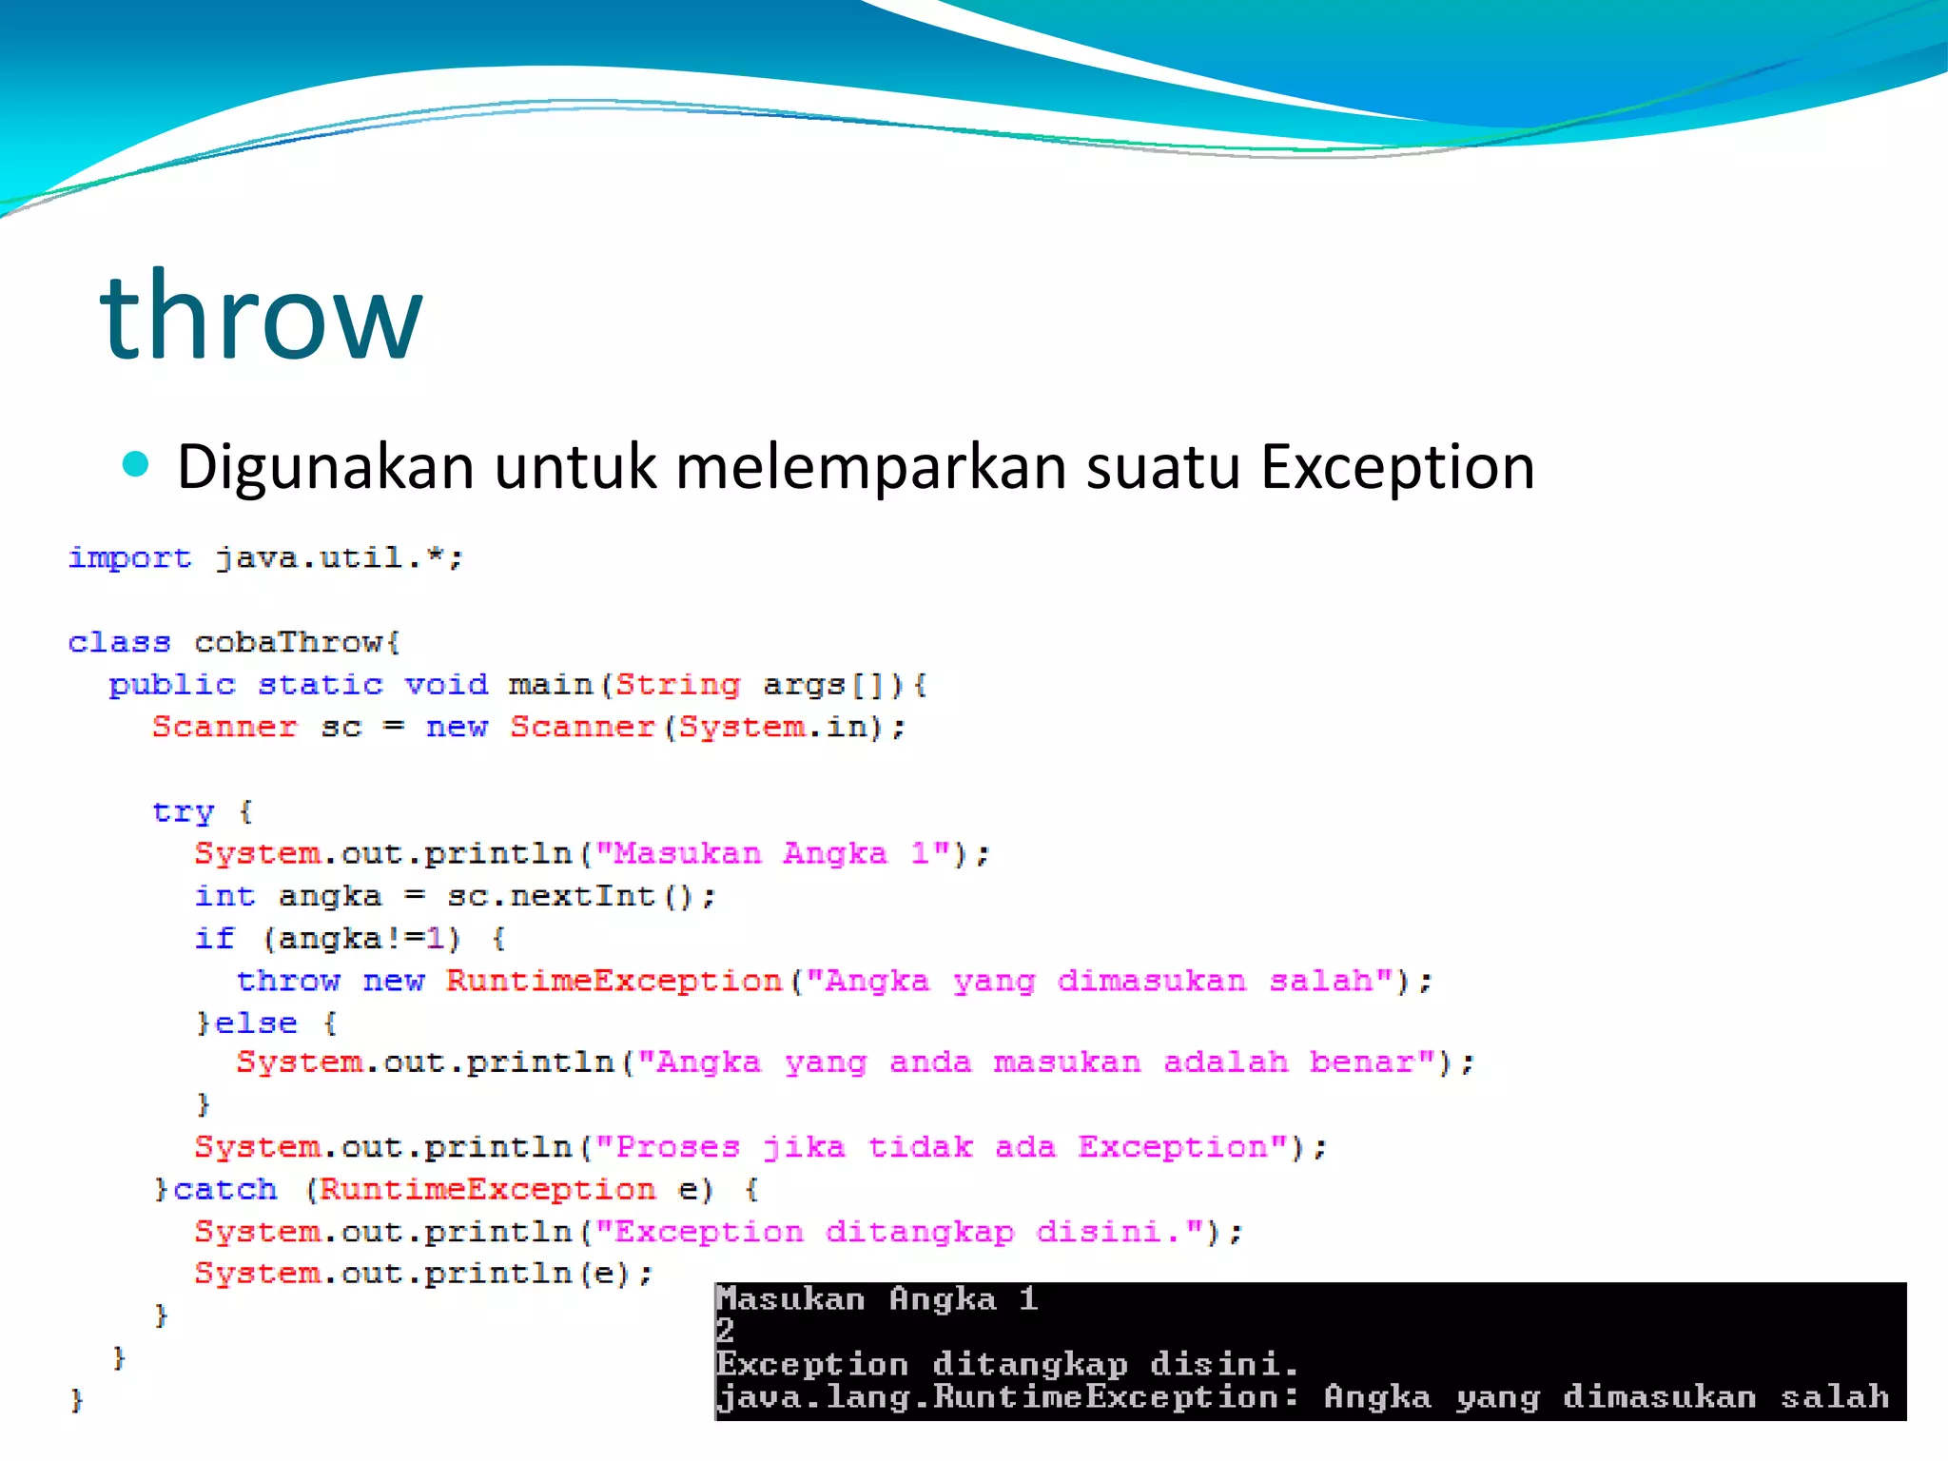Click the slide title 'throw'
(261, 316)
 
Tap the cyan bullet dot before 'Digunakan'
(136, 464)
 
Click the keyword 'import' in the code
(129, 557)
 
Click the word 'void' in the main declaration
(446, 684)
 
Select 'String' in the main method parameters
(677, 684)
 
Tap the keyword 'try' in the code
(184, 811)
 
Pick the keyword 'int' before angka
(224, 896)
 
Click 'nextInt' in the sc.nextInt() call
(582, 896)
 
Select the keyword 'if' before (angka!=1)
(214, 938)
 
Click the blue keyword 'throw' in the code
(288, 981)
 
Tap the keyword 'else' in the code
(256, 1023)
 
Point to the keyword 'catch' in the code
(225, 1190)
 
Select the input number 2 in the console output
(726, 1330)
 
